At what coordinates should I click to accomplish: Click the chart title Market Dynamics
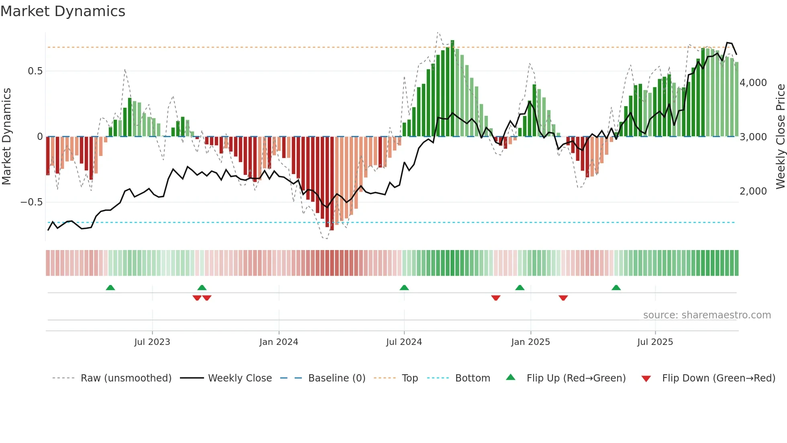[x=63, y=11]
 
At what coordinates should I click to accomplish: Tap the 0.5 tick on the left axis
[x=35, y=71]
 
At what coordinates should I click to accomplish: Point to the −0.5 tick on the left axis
[x=32, y=202]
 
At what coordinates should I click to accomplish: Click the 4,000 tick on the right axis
[x=753, y=83]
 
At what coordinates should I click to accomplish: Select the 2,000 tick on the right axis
[x=753, y=191]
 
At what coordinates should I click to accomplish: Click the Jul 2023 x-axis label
[x=152, y=342]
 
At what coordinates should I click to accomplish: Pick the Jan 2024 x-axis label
[x=279, y=342]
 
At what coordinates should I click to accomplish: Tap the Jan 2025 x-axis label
[x=530, y=342]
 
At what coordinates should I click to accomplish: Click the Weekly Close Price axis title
[x=780, y=137]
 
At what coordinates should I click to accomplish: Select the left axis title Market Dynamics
[x=6, y=137]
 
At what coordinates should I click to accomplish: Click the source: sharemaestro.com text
[x=707, y=315]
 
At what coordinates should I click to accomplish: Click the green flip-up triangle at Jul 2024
[x=404, y=287]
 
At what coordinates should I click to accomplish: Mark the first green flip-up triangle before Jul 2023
[x=110, y=287]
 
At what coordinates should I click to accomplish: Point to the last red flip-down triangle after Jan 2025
[x=563, y=298]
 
